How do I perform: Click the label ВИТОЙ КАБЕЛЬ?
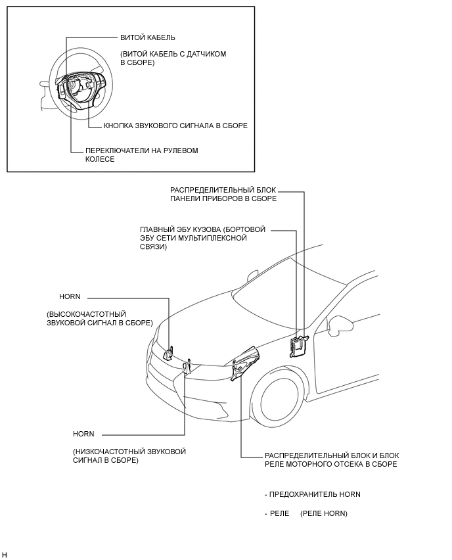pyautogui.click(x=148, y=37)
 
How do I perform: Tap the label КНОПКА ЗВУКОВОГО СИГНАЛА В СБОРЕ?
pyautogui.click(x=175, y=126)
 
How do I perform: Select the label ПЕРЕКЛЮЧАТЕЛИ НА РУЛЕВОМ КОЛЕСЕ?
pyautogui.click(x=141, y=154)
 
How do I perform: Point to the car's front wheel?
pyautogui.click(x=275, y=402)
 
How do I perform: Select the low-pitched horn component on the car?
pyautogui.click(x=188, y=365)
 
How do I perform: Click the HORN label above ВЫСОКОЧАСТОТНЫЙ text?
pyautogui.click(x=70, y=296)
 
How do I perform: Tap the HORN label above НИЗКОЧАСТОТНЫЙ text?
pyautogui.click(x=83, y=434)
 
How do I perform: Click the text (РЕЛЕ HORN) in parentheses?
pyautogui.click(x=323, y=513)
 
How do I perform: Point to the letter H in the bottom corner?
pyautogui.click(x=5, y=555)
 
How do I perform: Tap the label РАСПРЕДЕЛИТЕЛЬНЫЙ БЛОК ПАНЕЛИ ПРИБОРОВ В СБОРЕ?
pyautogui.click(x=223, y=194)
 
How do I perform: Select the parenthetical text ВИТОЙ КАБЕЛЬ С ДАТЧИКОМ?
pyautogui.click(x=173, y=54)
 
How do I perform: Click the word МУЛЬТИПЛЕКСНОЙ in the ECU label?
pyautogui.click(x=210, y=238)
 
